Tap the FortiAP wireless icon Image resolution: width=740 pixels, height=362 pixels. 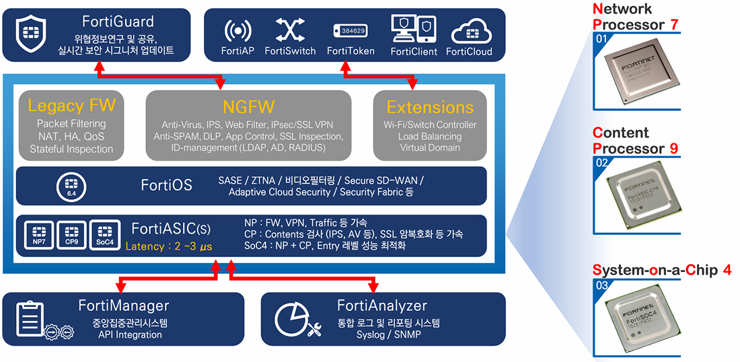tap(238, 31)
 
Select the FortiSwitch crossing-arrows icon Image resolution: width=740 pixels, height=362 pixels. tap(290, 30)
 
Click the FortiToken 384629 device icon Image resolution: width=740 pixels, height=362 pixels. tap(350, 31)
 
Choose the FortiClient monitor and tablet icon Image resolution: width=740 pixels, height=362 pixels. tap(413, 29)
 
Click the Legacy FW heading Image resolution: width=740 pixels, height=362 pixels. tap(72, 106)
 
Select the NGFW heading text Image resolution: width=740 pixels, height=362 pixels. tap(248, 107)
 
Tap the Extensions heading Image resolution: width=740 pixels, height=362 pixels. tap(430, 107)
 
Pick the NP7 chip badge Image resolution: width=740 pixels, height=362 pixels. tap(38, 233)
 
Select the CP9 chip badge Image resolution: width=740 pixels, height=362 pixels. tap(71, 233)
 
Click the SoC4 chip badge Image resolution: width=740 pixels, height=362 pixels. tap(104, 233)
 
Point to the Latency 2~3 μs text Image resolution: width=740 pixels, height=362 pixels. tap(169, 247)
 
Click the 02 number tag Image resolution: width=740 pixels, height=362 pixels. tap(602, 162)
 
